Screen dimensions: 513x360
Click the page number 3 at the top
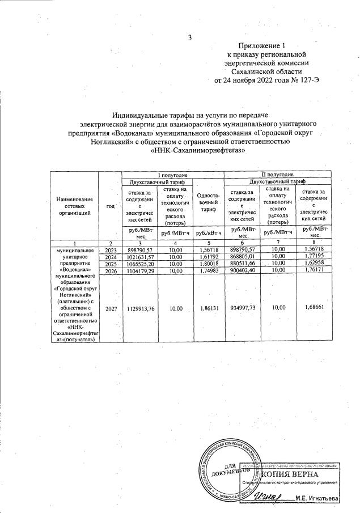tap(191, 38)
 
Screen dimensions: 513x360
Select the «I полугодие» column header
tap(172, 176)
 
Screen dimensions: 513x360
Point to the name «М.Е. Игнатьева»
tap(318, 498)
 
